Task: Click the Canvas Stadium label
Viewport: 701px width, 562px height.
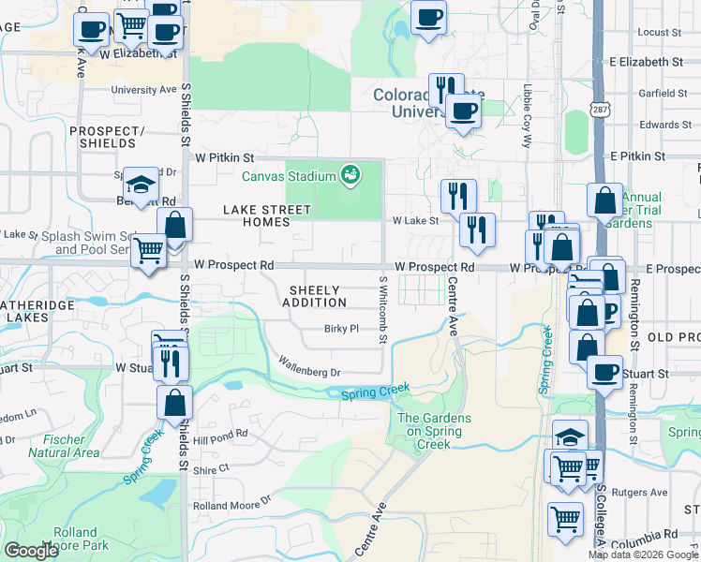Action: point(289,175)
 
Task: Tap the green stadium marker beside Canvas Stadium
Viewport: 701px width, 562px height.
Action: point(350,174)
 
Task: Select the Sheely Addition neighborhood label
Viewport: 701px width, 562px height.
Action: point(313,296)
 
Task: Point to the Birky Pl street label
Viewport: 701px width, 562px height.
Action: point(342,329)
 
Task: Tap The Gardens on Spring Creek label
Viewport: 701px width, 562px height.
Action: point(434,425)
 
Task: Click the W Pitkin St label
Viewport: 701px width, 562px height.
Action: point(226,158)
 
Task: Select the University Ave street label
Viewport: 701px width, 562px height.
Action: point(143,90)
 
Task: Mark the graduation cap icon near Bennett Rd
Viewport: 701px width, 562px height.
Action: point(141,185)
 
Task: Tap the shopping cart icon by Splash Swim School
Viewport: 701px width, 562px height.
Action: point(149,250)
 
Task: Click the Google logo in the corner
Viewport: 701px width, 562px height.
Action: point(31,551)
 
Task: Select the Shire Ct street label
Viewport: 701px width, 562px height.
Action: point(211,468)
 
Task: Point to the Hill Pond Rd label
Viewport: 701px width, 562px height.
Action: point(219,435)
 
